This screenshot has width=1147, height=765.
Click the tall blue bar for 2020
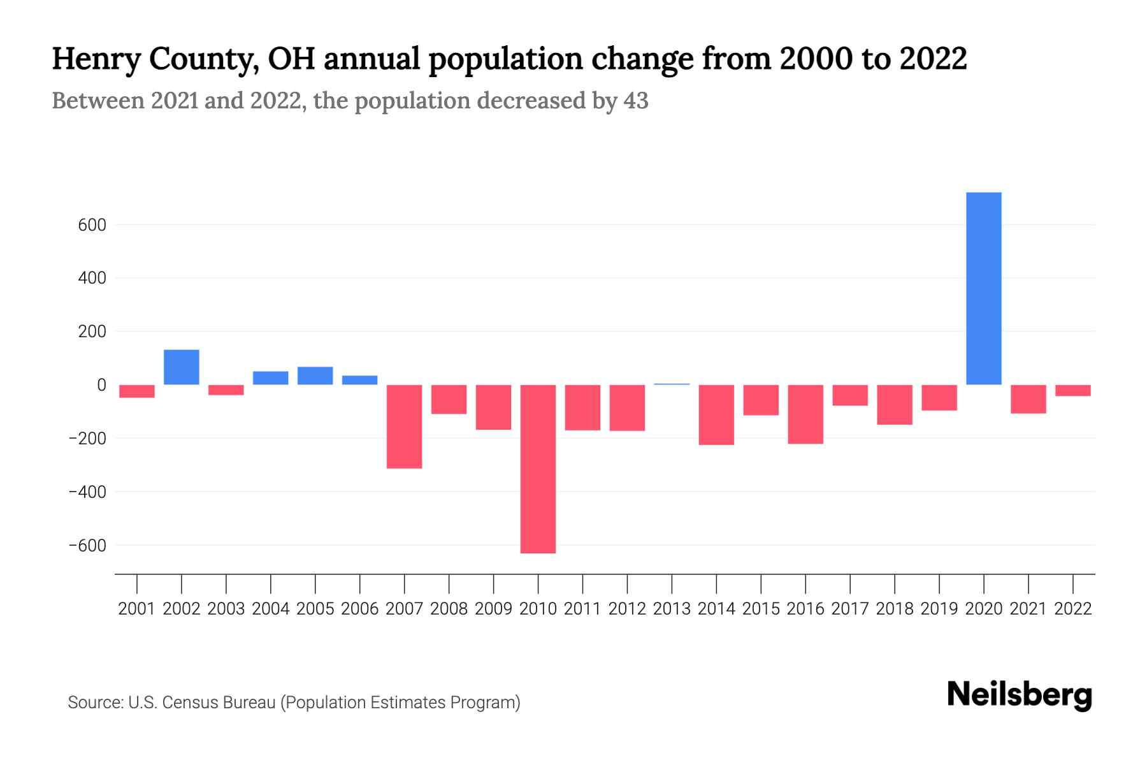pos(983,288)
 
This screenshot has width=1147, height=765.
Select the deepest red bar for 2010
pos(538,469)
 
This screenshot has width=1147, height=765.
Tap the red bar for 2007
pos(404,426)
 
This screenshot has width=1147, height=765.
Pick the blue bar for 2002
pos(182,367)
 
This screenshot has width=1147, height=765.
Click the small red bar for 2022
pos(1072,391)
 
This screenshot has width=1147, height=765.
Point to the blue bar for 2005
pos(315,375)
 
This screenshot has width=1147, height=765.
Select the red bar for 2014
pos(716,414)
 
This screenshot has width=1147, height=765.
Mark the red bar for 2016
pos(805,414)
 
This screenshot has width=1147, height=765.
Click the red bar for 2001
pos(137,391)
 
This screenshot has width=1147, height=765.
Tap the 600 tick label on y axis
pos(93,225)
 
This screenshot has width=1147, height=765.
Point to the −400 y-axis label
pos(87,492)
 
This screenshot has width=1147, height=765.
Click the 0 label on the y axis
pos(101,385)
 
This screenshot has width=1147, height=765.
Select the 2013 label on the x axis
pos(672,609)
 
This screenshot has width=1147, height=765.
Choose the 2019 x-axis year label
pos(939,609)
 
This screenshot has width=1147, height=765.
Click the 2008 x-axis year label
pos(449,609)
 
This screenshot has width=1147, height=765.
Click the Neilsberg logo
pos(1020,695)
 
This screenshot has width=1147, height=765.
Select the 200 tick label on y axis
pos(93,332)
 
